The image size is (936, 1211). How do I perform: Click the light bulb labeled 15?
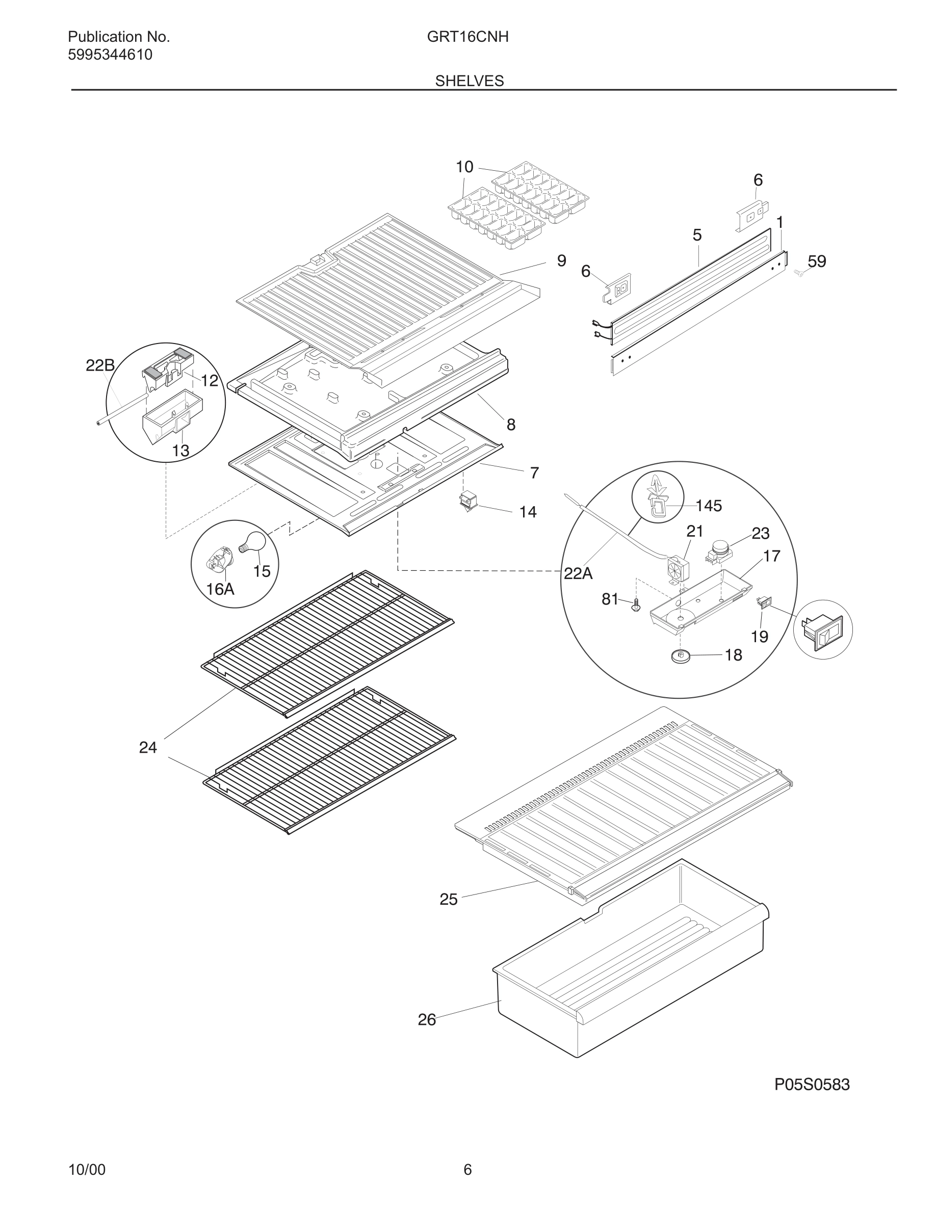(x=253, y=541)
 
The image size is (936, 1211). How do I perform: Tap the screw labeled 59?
(x=798, y=272)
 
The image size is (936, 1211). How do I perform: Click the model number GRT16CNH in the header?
(x=467, y=37)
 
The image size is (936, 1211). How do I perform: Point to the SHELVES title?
(x=469, y=81)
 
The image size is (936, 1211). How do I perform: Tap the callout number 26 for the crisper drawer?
(x=426, y=1020)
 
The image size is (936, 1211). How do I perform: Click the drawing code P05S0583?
(x=811, y=1085)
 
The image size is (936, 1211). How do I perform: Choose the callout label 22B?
(x=100, y=365)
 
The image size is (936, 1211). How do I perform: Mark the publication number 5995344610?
(x=110, y=55)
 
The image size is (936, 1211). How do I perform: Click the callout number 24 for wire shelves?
(x=148, y=748)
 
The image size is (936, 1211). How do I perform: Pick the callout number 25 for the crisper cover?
(x=448, y=900)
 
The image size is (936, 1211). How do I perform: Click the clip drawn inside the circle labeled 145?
(x=657, y=502)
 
